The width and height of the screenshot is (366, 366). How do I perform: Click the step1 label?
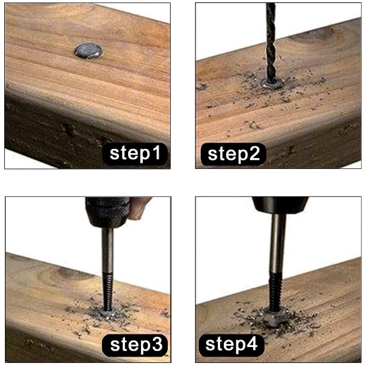pyautogui.click(x=135, y=154)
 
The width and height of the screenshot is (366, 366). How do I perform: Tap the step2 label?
pyautogui.click(x=233, y=154)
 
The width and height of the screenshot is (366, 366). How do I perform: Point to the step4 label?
pyautogui.click(x=231, y=345)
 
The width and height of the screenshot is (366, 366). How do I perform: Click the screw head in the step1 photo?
pyautogui.click(x=88, y=51)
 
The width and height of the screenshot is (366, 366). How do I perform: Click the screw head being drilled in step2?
pyautogui.click(x=272, y=84)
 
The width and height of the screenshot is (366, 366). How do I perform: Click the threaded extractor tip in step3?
pyautogui.click(x=107, y=292)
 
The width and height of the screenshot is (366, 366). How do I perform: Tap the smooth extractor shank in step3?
pyautogui.click(x=107, y=249)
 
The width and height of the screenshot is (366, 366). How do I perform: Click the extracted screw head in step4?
pyautogui.click(x=276, y=317)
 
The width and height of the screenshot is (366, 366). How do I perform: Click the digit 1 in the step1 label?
pyautogui.click(x=157, y=152)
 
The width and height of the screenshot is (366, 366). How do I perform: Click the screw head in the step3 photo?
pyautogui.click(x=108, y=314)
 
